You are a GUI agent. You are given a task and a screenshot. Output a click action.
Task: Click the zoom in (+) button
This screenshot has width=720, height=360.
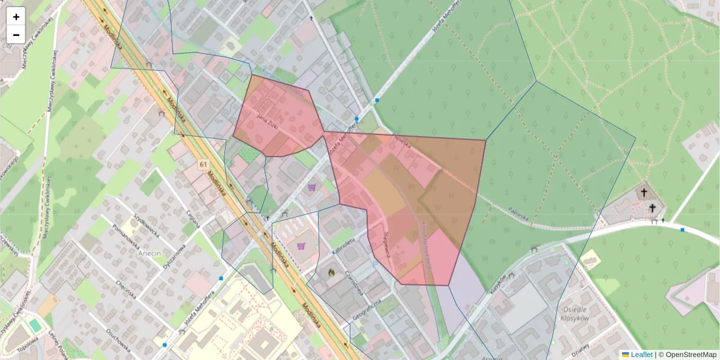coord(16,17)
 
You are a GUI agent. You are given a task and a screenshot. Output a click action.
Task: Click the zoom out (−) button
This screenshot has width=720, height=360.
coord(16,35)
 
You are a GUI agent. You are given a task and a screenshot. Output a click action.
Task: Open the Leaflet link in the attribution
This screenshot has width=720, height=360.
coord(641,355)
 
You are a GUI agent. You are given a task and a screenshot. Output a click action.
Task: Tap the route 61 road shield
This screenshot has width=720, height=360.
coord(203,164)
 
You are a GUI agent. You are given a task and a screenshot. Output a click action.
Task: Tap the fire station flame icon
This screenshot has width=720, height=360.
coord(331,272)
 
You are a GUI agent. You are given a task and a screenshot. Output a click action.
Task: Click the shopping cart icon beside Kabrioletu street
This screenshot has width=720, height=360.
coord(301,245)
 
